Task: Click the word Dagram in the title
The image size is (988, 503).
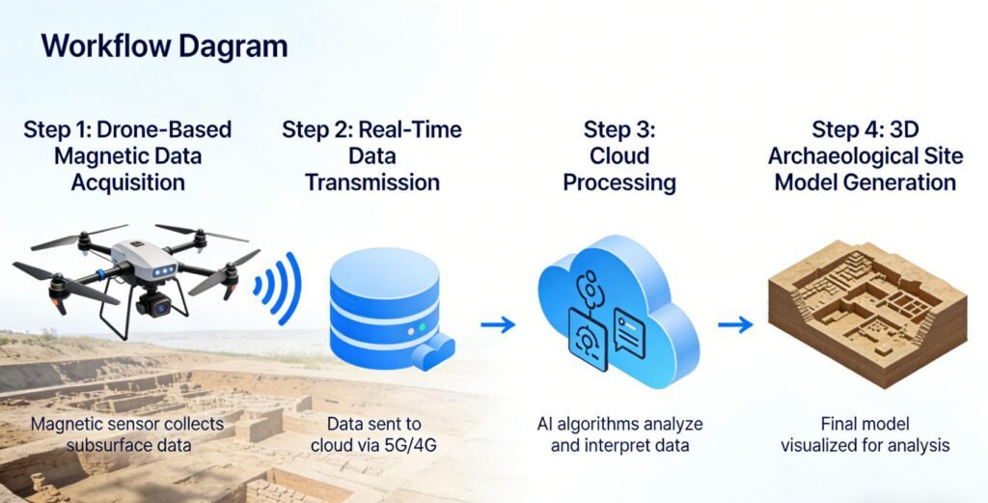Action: (x=233, y=45)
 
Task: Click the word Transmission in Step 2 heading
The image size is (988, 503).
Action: (x=372, y=182)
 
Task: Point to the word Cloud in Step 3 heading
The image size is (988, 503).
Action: (x=619, y=156)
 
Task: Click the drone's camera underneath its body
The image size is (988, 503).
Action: (x=155, y=305)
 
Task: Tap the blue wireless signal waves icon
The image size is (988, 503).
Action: (x=278, y=287)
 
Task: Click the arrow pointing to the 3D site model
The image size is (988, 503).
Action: (x=735, y=324)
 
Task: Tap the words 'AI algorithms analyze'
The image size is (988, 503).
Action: (x=619, y=424)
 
